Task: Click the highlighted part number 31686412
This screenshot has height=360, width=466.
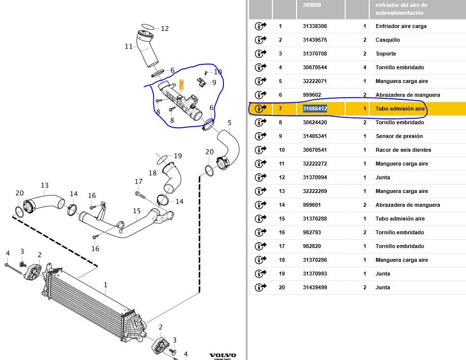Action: [315, 109]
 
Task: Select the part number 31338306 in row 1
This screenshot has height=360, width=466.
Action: [315, 26]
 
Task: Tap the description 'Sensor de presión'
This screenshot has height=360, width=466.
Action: [399, 136]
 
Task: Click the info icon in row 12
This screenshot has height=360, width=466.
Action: [260, 177]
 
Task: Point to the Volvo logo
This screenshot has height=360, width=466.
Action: [222, 355]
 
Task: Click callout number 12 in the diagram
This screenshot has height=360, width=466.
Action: [164, 28]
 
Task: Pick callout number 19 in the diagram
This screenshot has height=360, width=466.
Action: [177, 156]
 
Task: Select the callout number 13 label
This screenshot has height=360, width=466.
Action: [45, 185]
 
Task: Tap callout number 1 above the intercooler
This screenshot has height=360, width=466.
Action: [105, 284]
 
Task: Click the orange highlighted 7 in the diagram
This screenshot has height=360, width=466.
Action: [181, 84]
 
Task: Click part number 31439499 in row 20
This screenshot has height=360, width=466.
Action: [315, 287]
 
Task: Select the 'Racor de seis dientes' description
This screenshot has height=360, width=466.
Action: [403, 150]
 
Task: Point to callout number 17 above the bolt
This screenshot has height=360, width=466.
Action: [138, 182]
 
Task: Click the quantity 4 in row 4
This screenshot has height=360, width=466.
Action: [364, 67]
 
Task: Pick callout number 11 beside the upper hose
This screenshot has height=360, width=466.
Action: [129, 47]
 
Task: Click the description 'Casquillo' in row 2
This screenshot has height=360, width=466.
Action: [387, 40]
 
